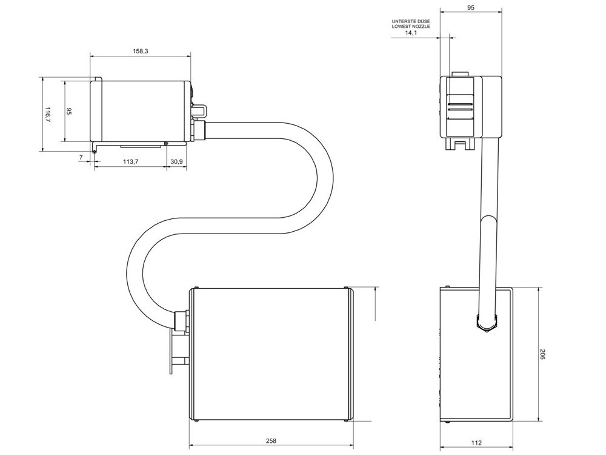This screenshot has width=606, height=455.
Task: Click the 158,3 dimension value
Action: pos(140,52)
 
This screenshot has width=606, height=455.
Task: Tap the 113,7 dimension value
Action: pos(131,161)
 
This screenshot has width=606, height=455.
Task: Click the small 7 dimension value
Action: pos(81,158)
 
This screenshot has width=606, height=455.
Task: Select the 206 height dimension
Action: pos(542,354)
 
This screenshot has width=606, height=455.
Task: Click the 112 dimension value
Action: pos(476,443)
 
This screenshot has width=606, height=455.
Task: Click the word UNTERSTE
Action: pos(404,21)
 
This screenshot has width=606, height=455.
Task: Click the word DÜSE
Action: pos(423,21)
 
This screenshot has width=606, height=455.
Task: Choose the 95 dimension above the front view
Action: pos(471,7)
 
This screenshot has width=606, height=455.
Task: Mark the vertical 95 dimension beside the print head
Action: pos(69,112)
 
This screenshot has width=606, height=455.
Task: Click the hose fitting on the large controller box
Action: pos(181,321)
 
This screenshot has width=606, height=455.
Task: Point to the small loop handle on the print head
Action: pos(200,110)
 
